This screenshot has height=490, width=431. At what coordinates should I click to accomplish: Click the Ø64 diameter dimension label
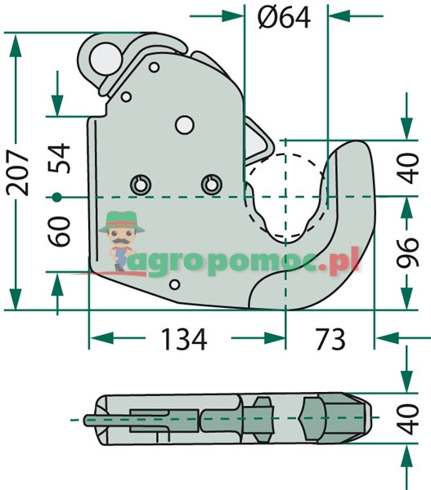point(284,16)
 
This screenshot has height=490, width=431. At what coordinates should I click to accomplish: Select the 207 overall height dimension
point(19,171)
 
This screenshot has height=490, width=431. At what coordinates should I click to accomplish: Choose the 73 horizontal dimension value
point(328,338)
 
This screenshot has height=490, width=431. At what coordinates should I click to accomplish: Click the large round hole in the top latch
point(104,58)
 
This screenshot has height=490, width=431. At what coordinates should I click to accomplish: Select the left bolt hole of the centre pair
point(138,185)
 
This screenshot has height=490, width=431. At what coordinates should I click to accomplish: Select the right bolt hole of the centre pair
point(212,185)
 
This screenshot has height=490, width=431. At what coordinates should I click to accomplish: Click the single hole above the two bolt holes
point(184,124)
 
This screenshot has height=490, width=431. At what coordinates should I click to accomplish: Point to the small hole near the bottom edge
point(173,285)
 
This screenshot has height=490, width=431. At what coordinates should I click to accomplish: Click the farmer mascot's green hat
point(120,217)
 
